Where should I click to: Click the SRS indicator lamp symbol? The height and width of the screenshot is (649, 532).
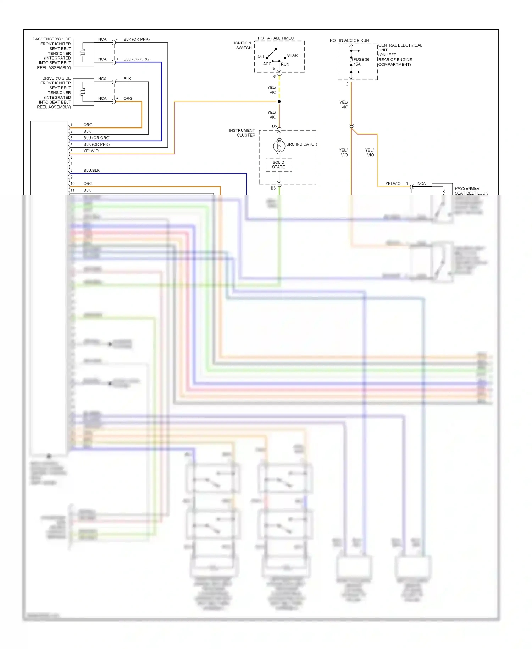pos(279,146)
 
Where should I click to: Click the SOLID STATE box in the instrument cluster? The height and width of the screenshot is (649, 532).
pos(279,165)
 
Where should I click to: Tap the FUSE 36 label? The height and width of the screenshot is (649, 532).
pos(361,60)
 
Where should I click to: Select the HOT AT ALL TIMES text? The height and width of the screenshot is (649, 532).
pos(276,38)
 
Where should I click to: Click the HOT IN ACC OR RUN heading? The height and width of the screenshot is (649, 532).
pos(349,40)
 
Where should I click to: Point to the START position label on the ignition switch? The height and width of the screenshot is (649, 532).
pos(293,55)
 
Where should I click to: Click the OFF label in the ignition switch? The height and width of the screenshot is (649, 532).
pos(261,56)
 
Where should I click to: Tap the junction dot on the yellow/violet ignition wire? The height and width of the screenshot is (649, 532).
pos(279,102)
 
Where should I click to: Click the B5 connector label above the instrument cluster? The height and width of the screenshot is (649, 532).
pos(274,126)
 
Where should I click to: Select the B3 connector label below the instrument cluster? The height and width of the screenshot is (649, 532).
pos(273,188)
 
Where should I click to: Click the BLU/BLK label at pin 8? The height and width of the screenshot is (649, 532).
pos(92,170)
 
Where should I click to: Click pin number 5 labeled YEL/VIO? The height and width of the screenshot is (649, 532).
pos(71,151)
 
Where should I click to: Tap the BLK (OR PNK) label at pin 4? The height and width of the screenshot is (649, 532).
pos(96,144)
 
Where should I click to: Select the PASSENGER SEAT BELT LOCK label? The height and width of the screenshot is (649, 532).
pos(471,191)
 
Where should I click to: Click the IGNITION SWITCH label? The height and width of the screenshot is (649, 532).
pos(243,45)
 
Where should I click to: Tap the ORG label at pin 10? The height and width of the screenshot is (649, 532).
pos(88,184)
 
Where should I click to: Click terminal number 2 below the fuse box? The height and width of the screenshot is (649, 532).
pos(347,84)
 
